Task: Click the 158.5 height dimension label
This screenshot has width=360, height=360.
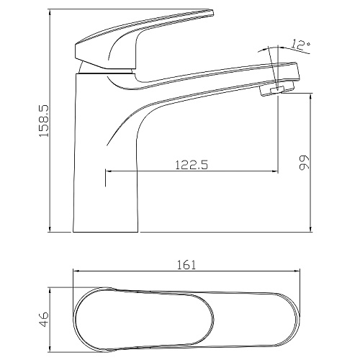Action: tap(44, 121)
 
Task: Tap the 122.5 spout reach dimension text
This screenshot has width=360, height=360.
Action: tap(192, 165)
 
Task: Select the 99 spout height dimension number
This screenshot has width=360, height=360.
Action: tap(304, 163)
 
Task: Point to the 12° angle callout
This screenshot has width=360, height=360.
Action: tap(301, 45)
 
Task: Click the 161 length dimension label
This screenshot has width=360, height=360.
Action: tap(186, 265)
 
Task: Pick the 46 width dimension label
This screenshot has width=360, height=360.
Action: tap(44, 320)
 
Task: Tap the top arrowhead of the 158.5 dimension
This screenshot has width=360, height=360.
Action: tap(50, 12)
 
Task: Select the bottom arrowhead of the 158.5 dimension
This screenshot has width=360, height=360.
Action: tap(50, 228)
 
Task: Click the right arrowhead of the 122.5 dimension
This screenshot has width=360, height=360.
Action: tap(275, 171)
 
